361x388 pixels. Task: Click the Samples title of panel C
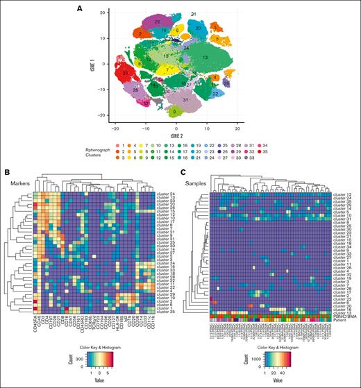click(x=199, y=183)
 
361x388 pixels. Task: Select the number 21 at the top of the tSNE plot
click(x=193, y=14)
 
